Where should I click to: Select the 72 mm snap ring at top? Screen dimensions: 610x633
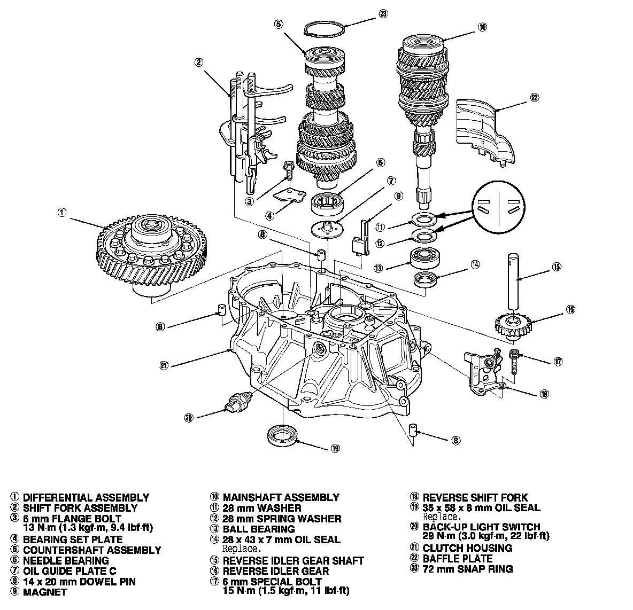[323, 30]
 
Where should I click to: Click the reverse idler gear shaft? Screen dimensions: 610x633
[514, 278]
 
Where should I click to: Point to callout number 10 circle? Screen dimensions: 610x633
[483, 27]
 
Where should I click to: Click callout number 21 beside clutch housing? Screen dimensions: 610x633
[164, 365]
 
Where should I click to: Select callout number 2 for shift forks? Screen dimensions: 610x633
[198, 62]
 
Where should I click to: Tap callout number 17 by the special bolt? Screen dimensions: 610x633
[558, 362]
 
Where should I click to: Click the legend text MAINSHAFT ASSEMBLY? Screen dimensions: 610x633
[281, 497]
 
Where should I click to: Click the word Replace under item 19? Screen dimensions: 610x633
[441, 517]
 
